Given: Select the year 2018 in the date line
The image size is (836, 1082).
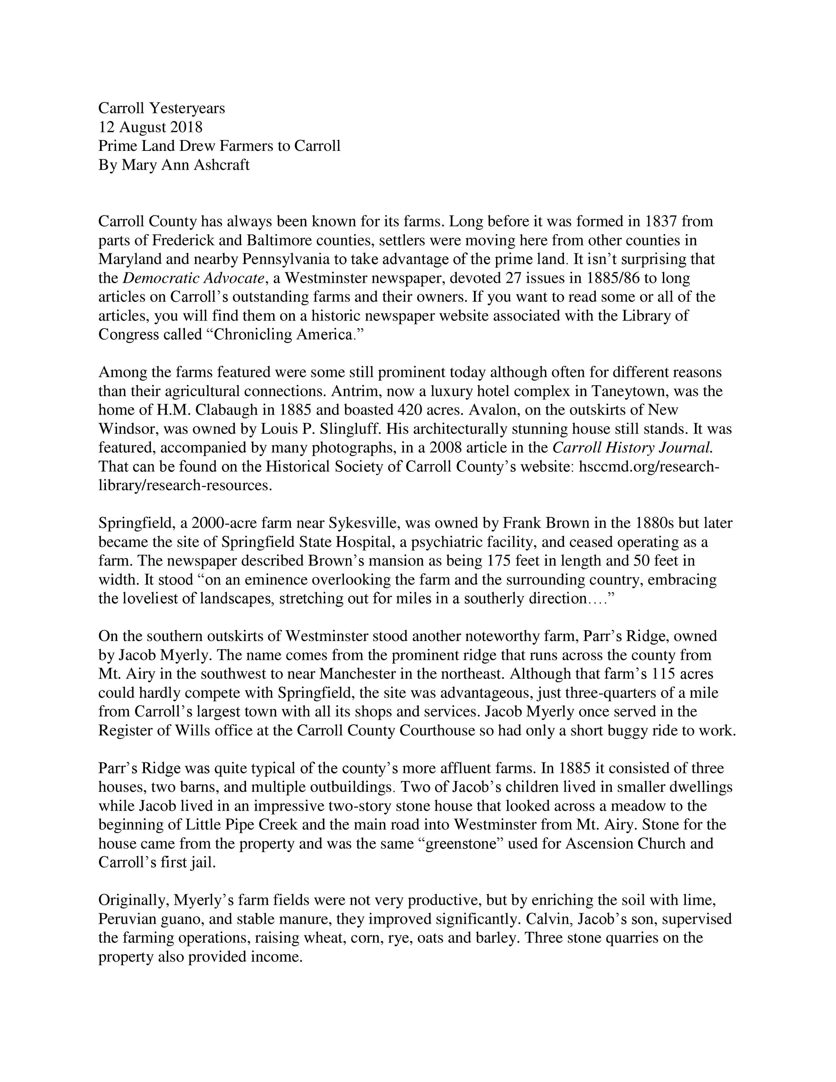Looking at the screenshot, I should tap(186, 127).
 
